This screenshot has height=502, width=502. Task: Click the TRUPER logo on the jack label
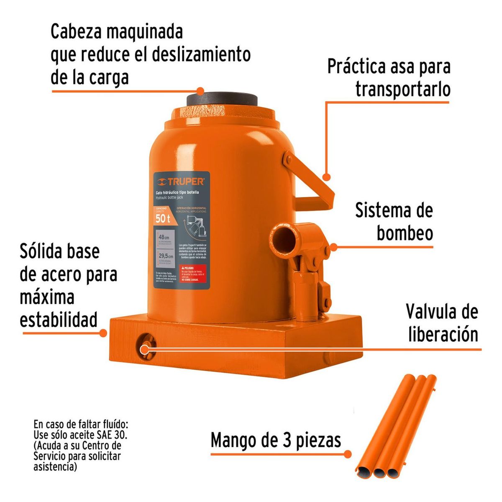[181, 182]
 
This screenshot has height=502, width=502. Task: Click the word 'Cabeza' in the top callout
[77, 32]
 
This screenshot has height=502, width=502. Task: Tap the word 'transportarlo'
[402, 89]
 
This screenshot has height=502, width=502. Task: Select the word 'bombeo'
[405, 233]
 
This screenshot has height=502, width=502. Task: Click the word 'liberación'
[443, 334]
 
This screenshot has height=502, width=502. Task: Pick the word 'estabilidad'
[59, 319]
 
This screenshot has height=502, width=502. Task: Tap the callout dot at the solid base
[103, 333]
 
